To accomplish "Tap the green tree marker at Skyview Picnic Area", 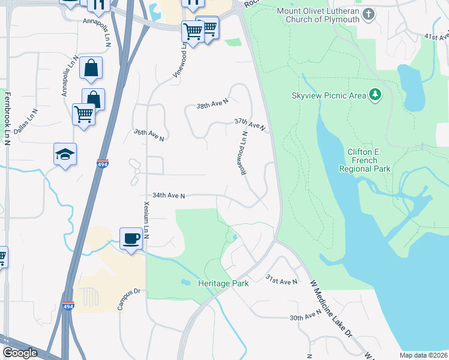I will pos(376,94).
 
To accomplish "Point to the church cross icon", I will pos(369,13).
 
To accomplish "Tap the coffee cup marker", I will pos(131,239).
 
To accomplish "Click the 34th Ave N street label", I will pos(169,195).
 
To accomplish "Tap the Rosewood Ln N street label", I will pos(244,154).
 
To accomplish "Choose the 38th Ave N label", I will pos(212,104).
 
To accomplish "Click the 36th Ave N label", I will pos(149,134).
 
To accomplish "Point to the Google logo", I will pos(20,353).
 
